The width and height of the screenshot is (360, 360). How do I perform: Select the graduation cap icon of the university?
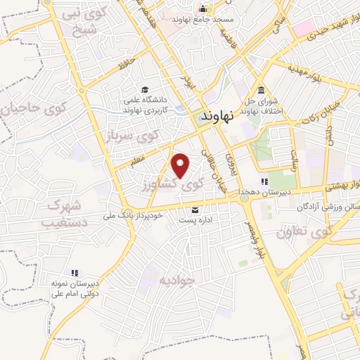(145, 89)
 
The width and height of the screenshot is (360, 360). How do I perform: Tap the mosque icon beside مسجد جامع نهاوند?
(203, 9)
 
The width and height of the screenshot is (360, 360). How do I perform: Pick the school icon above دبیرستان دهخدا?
(264, 181)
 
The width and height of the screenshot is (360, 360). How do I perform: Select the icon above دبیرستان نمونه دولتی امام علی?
(74, 272)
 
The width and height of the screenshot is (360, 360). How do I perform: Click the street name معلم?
(136, 161)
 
